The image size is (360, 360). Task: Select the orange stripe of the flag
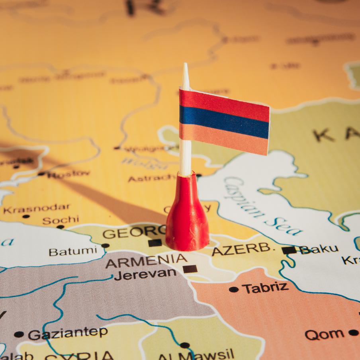pos(225,139)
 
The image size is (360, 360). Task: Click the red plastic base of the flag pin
pos(187,223)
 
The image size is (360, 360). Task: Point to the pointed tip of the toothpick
pos(185,66)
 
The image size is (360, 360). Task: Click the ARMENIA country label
pos(146,261)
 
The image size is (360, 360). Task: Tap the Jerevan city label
pos(145,274)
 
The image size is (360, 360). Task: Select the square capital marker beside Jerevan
pos(190,268)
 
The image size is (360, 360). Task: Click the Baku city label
pos(319,249)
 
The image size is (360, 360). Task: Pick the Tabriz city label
pos(265,288)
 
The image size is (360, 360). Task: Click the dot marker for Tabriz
pos(234,290)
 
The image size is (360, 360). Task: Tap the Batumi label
pos(72,251)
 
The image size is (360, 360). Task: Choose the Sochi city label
pos(61,220)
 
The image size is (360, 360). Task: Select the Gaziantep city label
pos(68,333)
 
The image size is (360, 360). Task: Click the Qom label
pos(325,334)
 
